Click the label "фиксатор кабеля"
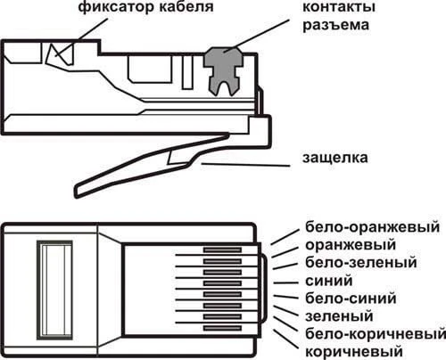(145, 6)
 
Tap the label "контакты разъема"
(339, 16)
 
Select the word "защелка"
(335, 158)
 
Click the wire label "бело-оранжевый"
(372, 227)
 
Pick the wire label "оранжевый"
(351, 245)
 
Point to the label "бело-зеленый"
(361, 263)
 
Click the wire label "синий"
(329, 281)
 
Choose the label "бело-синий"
(351, 298)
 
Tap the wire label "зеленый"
(339, 316)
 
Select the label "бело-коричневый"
(376, 334)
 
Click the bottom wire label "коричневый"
(354, 352)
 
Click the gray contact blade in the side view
(223, 70)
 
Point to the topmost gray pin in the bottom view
(222, 250)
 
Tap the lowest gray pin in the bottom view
(222, 328)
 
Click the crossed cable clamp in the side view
(61, 53)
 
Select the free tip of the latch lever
(77, 192)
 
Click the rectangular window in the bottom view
(54, 290)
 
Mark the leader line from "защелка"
(245, 165)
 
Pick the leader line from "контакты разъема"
(256, 36)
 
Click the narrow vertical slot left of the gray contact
(187, 72)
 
